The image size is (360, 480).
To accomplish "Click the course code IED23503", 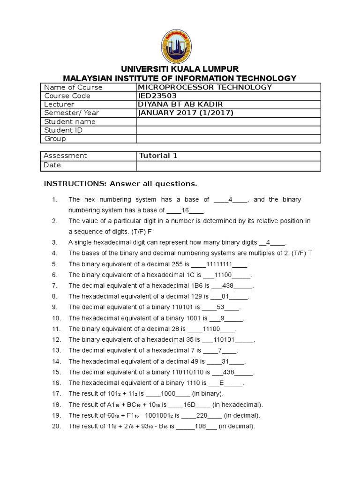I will pyautogui.click(x=158, y=96).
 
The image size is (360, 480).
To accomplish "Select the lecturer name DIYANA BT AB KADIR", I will pyautogui.click(x=180, y=105).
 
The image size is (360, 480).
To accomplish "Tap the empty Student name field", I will pyautogui.click(x=228, y=122).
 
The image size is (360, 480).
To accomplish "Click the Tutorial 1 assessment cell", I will pyautogui.click(x=158, y=156).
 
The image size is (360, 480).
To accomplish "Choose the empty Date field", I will pyautogui.click(x=228, y=165).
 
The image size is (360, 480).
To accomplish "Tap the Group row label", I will pyautogui.click(x=55, y=139).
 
